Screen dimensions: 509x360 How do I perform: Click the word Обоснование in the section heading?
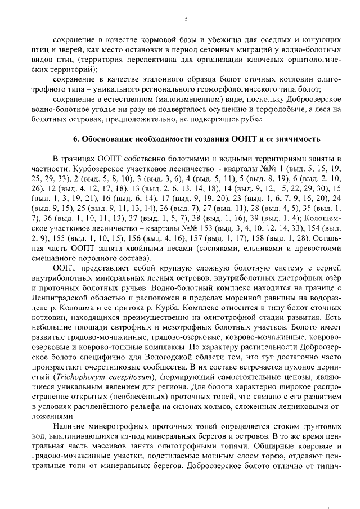pos(109,138)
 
